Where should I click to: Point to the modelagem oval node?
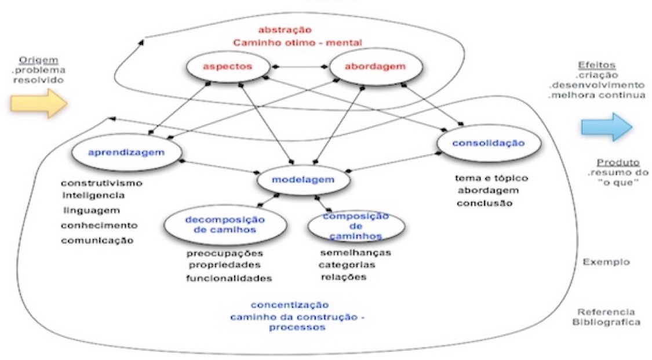click(x=304, y=180)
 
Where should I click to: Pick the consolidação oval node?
click(x=489, y=143)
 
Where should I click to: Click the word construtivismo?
click(x=101, y=184)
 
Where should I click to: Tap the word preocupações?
click(x=225, y=253)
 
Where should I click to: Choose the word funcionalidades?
click(x=229, y=278)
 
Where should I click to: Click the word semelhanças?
click(x=355, y=253)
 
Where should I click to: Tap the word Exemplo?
click(x=606, y=262)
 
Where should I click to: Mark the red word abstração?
click(x=285, y=30)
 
